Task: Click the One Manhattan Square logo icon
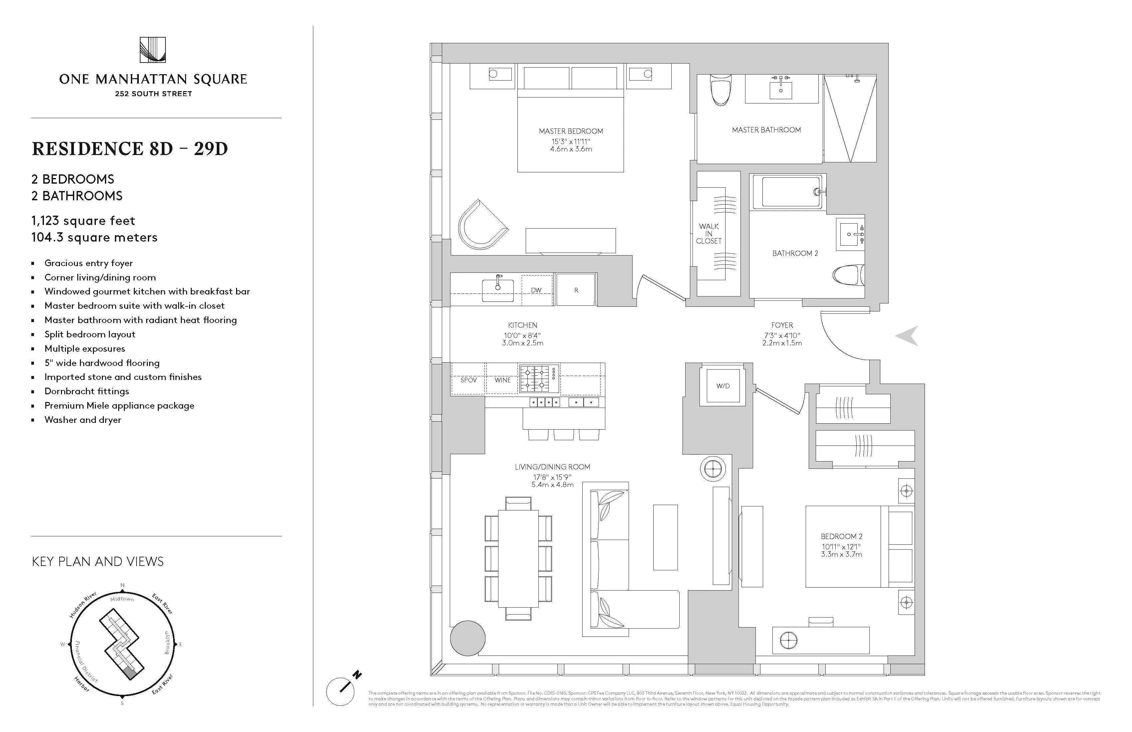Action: click(x=153, y=50)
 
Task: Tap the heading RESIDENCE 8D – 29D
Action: click(x=130, y=149)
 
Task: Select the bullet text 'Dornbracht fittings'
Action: click(x=87, y=391)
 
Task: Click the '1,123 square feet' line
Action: click(x=83, y=221)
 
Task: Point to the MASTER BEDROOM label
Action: click(x=571, y=131)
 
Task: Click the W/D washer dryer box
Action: click(x=722, y=386)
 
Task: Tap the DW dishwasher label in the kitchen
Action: click(x=536, y=290)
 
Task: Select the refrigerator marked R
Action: click(x=576, y=289)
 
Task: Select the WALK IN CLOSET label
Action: click(x=709, y=233)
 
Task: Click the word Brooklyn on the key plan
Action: click(x=167, y=642)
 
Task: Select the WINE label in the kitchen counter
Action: click(x=502, y=380)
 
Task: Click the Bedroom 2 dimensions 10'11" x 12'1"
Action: click(x=841, y=547)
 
